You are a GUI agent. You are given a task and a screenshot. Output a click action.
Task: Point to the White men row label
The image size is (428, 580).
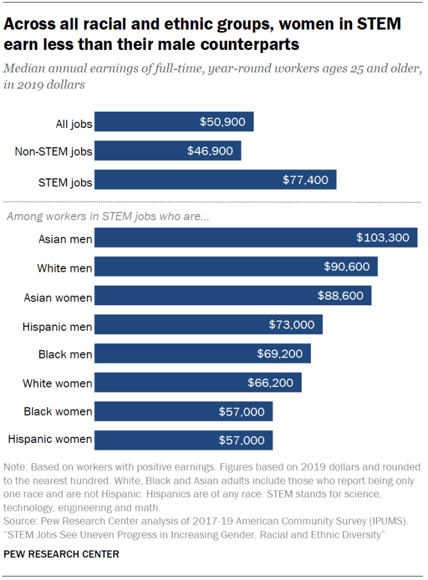(65, 268)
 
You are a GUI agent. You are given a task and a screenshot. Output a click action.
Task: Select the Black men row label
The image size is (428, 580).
(65, 355)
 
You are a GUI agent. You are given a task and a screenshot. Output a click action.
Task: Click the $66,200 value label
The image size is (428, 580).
(271, 383)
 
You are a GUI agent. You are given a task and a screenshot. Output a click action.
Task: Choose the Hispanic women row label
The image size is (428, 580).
(50, 440)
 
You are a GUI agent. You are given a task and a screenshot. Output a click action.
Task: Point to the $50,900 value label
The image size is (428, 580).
(222, 122)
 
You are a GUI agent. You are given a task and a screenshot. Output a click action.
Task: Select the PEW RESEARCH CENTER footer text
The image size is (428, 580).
(61, 555)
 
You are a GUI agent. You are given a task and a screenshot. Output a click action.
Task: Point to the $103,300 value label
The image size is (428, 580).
(383, 238)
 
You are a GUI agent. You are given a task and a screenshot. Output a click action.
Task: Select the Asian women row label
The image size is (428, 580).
(58, 297)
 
